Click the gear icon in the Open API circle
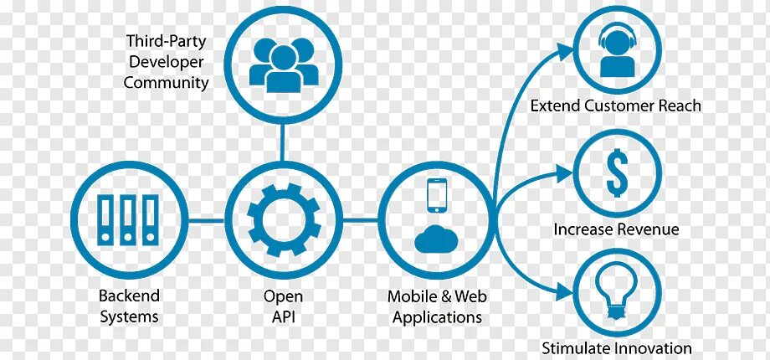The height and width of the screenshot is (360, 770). coord(284,220)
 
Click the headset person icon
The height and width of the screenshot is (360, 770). coord(617,53)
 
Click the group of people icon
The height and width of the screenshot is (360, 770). coord(284,62)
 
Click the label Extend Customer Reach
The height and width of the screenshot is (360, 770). coord(616,106)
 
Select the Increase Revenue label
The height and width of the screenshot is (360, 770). coord(616,229)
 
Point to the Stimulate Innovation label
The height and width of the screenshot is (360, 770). coord(617,348)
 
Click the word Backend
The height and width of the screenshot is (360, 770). coord(129,296)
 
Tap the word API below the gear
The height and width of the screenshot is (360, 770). coord(284,316)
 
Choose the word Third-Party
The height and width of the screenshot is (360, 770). coord(167,40)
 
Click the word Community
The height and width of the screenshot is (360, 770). coord(167,83)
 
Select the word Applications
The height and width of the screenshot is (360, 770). coord(438,317)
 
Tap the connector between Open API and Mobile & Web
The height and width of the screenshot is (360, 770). coord(361,220)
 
